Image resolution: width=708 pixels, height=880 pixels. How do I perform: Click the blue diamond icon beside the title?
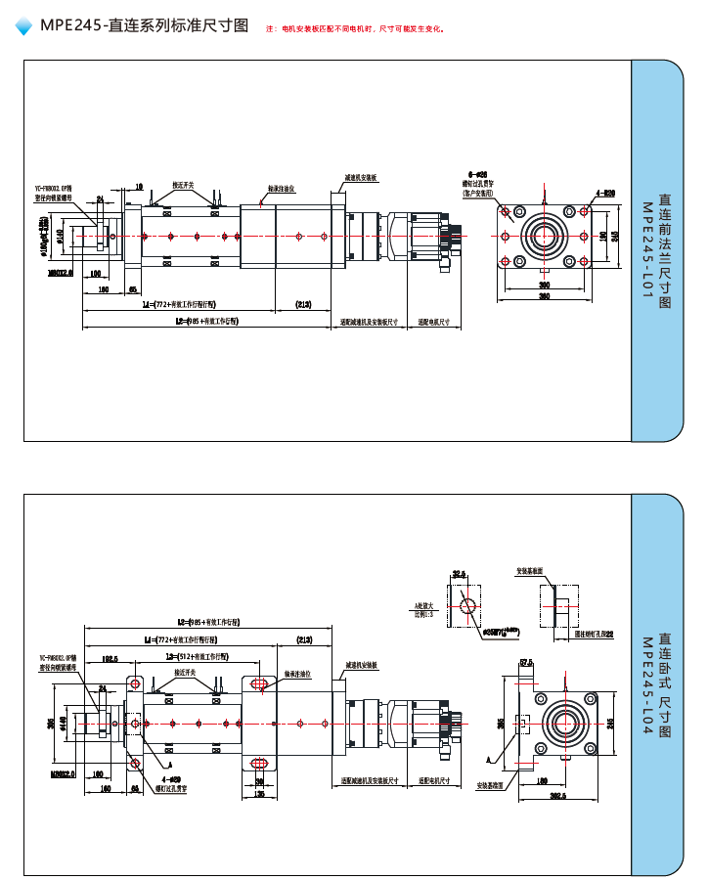click(23, 27)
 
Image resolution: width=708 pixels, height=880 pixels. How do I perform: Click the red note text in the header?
click(356, 28)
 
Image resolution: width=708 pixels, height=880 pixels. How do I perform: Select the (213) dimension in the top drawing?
click(304, 305)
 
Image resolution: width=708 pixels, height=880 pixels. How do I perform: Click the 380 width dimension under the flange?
click(544, 296)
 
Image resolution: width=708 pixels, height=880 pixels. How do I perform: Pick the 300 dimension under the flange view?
click(544, 285)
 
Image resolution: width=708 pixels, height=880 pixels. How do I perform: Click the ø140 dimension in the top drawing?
click(60, 235)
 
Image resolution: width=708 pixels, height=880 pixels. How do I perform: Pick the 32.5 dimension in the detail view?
click(459, 574)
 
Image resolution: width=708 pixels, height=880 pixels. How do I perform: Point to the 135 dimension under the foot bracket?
click(259, 794)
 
